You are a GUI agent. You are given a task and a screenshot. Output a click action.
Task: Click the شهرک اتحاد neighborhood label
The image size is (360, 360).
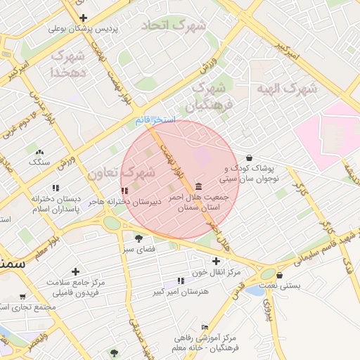174,26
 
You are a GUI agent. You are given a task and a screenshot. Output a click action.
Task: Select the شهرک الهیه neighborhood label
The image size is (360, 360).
286,89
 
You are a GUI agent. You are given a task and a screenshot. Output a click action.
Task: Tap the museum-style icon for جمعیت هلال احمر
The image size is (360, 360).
199,186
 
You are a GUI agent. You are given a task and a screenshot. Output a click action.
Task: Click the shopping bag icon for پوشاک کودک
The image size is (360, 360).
250,157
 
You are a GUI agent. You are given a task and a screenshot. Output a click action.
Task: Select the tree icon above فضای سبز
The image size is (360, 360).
128,238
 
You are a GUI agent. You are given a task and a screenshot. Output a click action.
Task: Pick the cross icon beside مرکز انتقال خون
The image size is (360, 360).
196,261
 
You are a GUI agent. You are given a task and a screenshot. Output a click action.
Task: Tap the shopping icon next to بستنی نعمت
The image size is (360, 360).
280,275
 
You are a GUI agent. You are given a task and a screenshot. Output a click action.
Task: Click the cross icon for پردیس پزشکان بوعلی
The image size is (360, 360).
84,18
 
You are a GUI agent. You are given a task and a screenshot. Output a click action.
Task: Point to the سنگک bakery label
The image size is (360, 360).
39,161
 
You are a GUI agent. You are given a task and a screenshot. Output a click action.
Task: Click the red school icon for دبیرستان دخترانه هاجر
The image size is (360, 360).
124,191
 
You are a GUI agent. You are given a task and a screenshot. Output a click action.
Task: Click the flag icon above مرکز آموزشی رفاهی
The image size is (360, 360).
205,328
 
